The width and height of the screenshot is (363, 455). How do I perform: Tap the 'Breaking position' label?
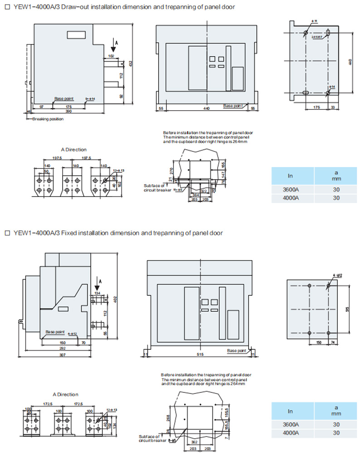coord(48,119)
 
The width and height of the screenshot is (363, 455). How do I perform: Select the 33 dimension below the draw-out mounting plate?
coord(334,108)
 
